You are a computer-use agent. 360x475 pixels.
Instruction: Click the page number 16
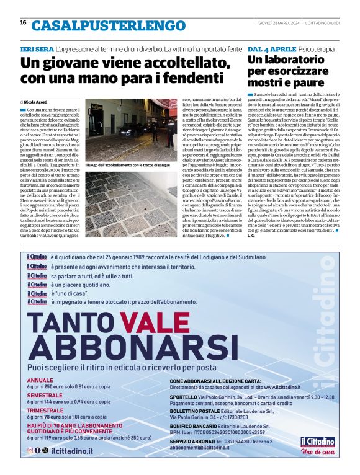tap(23, 23)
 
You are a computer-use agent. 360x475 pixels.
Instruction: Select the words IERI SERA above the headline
tap(36, 48)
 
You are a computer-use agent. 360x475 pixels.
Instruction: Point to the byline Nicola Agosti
tap(38, 101)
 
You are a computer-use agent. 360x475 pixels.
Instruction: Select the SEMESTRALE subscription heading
tap(45, 395)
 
